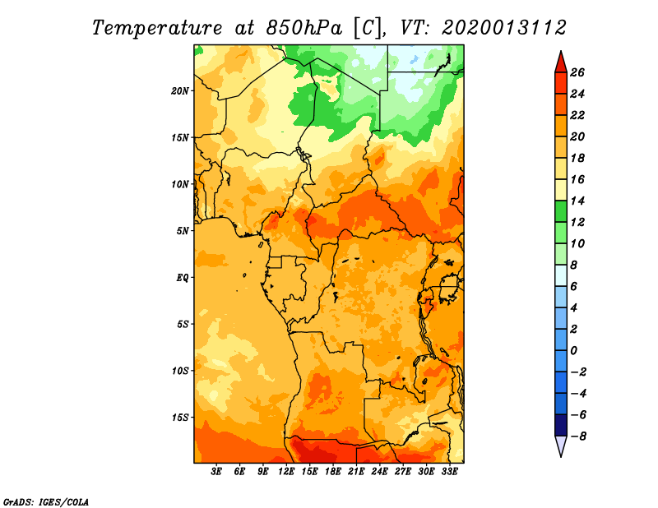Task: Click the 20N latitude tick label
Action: click(x=180, y=91)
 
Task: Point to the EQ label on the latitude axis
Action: click(x=182, y=278)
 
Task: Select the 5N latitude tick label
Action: click(x=183, y=231)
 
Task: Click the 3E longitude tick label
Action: click(x=216, y=472)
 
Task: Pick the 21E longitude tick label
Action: click(x=356, y=472)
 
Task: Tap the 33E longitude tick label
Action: click(x=449, y=472)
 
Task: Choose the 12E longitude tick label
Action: click(x=286, y=472)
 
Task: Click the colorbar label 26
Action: click(x=577, y=72)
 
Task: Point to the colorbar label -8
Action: click(x=578, y=436)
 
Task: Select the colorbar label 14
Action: click(x=577, y=201)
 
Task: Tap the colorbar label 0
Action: click(x=573, y=351)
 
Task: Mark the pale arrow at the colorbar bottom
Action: click(x=561, y=445)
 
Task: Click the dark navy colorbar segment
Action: click(x=561, y=425)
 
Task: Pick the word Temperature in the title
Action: click(x=157, y=29)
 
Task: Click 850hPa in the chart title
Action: click(x=304, y=28)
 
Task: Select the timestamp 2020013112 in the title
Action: click(x=504, y=28)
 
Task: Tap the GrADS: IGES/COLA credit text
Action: click(x=46, y=502)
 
